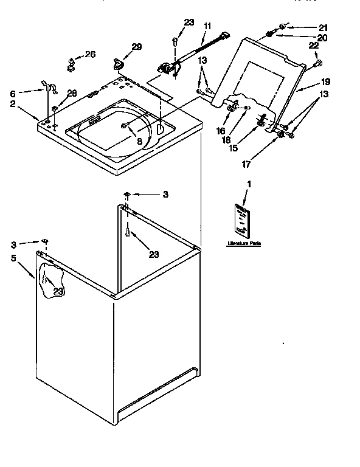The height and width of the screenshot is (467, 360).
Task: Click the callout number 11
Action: (207, 26)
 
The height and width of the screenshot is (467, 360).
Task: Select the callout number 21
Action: (322, 27)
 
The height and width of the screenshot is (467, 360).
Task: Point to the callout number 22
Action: (314, 46)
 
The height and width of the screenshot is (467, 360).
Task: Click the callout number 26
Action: (90, 55)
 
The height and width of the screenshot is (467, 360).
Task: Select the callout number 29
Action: (137, 47)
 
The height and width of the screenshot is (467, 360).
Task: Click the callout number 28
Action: (72, 93)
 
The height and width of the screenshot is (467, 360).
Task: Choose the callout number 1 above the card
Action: (248, 184)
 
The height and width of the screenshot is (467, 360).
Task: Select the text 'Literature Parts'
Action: (244, 243)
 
